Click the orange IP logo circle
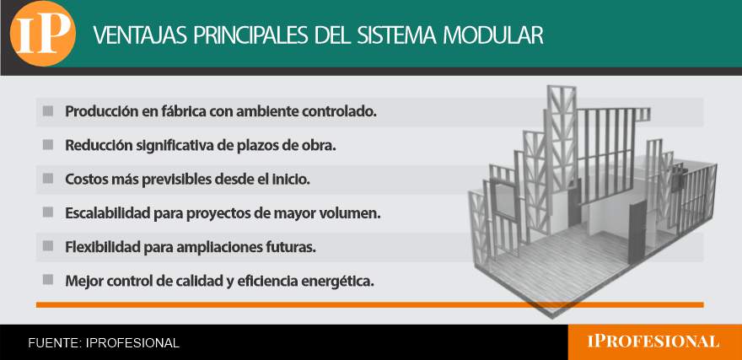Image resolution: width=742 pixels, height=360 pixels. pyautogui.click(x=43, y=34)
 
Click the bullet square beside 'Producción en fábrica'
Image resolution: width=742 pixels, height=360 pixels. pyautogui.click(x=48, y=111)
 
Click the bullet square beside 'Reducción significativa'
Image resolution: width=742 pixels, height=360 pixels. pyautogui.click(x=48, y=145)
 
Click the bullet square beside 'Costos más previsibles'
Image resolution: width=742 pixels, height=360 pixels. pyautogui.click(x=48, y=179)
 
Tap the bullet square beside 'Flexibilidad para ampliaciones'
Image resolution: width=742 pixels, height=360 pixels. pyautogui.click(x=48, y=246)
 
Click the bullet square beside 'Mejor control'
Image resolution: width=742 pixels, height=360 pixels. pyautogui.click(x=48, y=280)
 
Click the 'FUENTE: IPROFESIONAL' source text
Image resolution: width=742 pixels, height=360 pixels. pyautogui.click(x=104, y=343)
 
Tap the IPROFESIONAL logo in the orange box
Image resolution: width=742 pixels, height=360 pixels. pyautogui.click(x=653, y=341)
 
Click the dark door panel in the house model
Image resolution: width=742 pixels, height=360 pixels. pyautogui.click(x=637, y=232)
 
